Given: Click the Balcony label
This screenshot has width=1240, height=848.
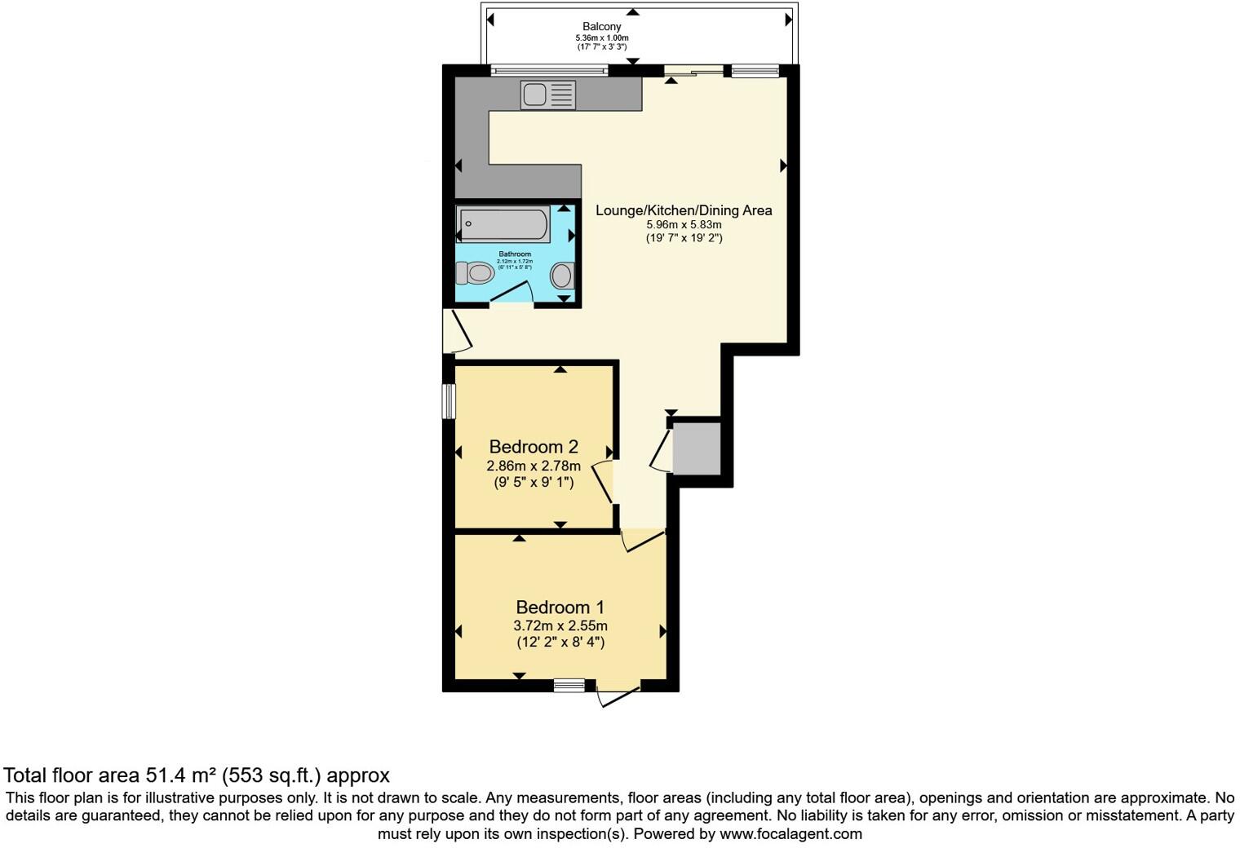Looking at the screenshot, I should [x=601, y=27].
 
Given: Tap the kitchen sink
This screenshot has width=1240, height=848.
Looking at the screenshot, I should [x=547, y=95].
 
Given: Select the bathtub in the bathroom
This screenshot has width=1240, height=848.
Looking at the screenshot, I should [x=503, y=225].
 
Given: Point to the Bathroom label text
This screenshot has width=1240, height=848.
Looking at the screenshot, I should [x=515, y=254].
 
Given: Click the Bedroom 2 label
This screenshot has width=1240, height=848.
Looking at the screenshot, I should [x=534, y=447].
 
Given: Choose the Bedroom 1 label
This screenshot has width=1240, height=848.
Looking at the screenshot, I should [x=560, y=607].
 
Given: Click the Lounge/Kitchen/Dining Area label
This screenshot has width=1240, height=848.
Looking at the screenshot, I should [x=684, y=210].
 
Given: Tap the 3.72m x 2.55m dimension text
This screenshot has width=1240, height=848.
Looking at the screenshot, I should [x=560, y=626].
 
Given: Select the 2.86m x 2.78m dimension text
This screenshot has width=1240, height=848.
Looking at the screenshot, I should [x=534, y=466].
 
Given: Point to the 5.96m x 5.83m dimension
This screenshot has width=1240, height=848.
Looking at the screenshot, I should [x=684, y=225].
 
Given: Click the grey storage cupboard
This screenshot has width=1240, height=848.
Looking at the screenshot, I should [x=697, y=448].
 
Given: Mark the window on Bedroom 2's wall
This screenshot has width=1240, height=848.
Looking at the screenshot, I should [x=449, y=401].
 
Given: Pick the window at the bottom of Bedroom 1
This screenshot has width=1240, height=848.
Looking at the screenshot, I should [x=569, y=686].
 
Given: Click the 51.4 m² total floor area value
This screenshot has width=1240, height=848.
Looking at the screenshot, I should [x=180, y=775].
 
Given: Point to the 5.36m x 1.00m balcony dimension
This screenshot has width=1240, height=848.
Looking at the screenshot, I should [x=601, y=38].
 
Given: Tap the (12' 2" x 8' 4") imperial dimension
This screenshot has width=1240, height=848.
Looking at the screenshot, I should [x=560, y=643].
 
